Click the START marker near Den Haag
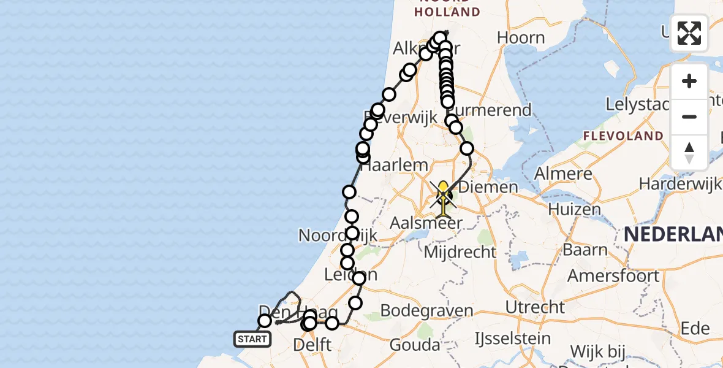tap(252, 339)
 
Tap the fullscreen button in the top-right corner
tap(689, 33)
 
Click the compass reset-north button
tap(689, 153)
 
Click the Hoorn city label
tap(521, 38)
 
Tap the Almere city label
tap(564, 174)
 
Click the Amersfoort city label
tap(613, 275)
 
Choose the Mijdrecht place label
tap(460, 251)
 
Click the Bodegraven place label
tap(426, 310)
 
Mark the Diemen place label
tap(488, 187)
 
